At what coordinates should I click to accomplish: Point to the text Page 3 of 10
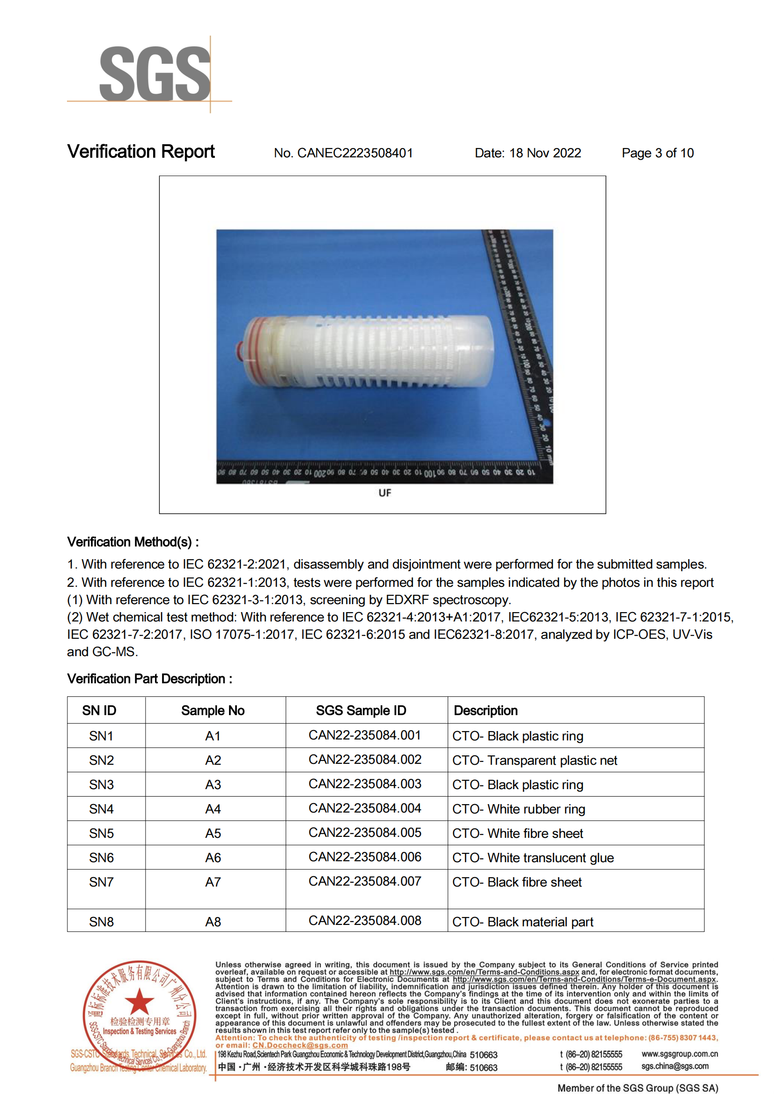657,153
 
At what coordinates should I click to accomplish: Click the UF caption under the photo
384,493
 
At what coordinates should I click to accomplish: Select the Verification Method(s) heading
133,542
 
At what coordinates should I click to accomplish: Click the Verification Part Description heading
150,678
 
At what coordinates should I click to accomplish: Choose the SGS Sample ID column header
361,710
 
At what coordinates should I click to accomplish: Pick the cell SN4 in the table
101,809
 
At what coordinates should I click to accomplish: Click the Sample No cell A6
213,857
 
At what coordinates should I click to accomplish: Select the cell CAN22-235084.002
365,759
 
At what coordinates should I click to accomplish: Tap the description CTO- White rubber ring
518,809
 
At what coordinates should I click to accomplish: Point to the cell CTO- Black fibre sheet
516,882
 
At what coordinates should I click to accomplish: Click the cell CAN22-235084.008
365,920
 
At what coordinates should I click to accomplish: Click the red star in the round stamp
139,1001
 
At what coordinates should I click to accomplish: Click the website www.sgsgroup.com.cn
679,1054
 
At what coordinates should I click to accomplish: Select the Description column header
485,710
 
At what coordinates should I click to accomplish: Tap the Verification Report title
140,152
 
